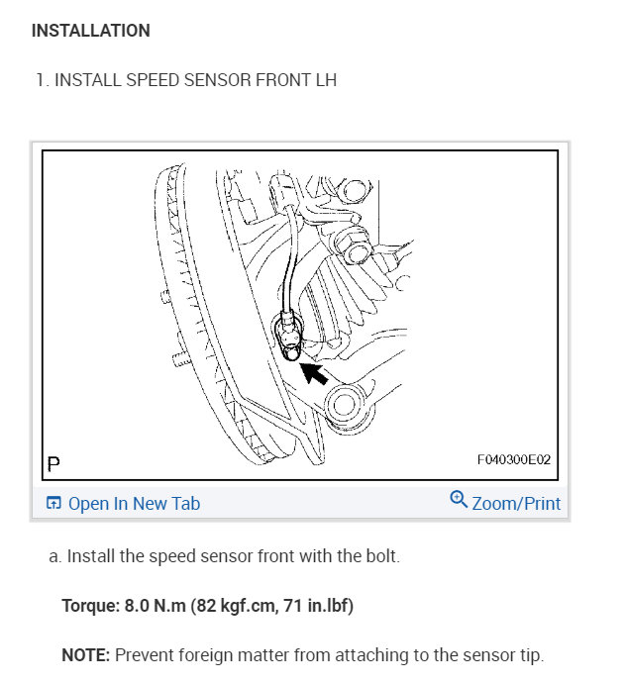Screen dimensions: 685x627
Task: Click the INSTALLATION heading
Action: click(91, 31)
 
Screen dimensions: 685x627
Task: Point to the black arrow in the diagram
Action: click(316, 373)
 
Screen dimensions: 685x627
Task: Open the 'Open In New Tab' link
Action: click(134, 504)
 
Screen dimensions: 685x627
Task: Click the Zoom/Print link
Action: click(516, 504)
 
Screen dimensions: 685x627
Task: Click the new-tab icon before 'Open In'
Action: click(54, 504)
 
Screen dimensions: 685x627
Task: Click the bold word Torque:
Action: click(87, 605)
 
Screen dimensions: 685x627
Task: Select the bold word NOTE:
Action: click(86, 655)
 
